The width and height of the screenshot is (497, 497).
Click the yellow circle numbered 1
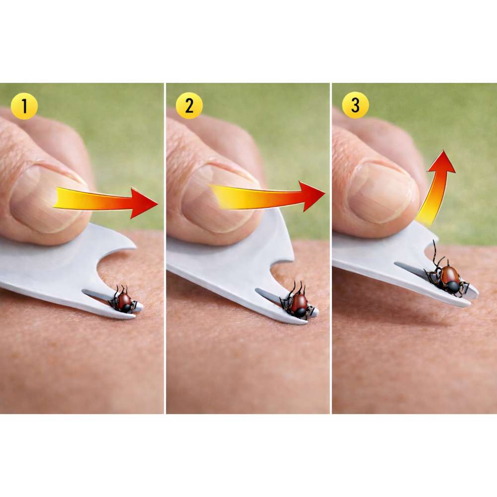pyautogui.click(x=24, y=106)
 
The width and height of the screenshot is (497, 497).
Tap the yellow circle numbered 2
pyautogui.click(x=189, y=105)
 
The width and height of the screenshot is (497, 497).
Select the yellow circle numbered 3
pyautogui.click(x=355, y=105)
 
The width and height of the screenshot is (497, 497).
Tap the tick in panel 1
pyautogui.click(x=124, y=300)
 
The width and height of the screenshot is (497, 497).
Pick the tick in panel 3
pyautogui.click(x=447, y=277)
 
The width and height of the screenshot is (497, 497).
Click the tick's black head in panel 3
pyautogui.click(x=453, y=287)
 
